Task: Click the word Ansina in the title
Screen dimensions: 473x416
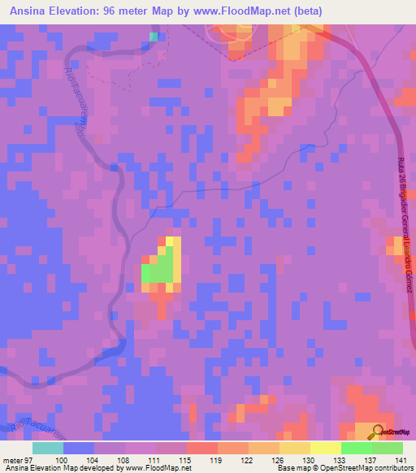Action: tap(31, 11)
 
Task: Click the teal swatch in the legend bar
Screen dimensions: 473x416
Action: tap(48, 448)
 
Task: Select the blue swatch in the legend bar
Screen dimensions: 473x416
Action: tap(79, 448)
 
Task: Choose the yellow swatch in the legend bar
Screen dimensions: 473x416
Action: tap(326, 448)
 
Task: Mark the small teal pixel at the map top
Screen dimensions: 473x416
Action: tap(154, 36)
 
